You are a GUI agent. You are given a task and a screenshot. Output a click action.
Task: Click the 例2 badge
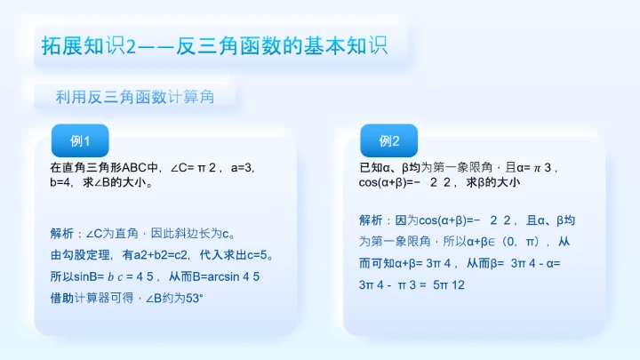(x=388, y=140)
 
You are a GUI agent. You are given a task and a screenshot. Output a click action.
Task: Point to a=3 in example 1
(x=243, y=167)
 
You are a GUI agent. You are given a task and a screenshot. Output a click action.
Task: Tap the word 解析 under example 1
(x=62, y=235)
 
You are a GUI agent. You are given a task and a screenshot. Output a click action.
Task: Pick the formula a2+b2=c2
(x=153, y=256)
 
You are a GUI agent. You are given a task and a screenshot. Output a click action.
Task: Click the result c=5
(x=258, y=256)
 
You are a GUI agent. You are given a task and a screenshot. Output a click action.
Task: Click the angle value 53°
(x=192, y=299)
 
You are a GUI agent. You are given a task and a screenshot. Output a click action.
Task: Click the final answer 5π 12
(x=451, y=284)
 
